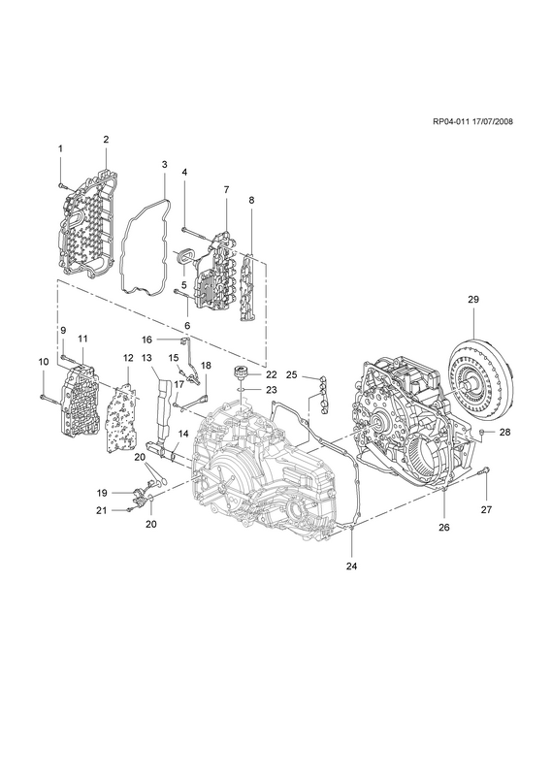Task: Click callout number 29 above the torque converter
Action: pos(473,300)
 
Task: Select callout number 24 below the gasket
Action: pos(351,566)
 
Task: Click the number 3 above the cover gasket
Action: pos(164,164)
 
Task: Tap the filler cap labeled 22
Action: pos(241,373)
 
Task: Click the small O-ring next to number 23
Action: pos(241,390)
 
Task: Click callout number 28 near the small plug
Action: pos(504,432)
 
